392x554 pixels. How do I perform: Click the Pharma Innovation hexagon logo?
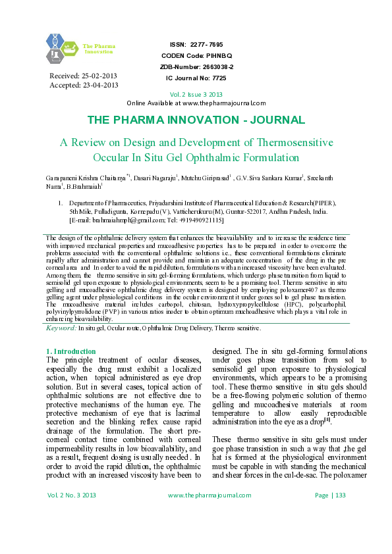pos(63,47)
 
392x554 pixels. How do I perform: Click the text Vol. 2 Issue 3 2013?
pos(196,94)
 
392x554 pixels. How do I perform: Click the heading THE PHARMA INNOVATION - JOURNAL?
pos(196,120)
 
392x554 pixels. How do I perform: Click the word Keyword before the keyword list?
pos(61,327)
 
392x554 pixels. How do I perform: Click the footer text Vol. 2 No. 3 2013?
pos(72,532)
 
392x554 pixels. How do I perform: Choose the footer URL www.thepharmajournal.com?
pos(207,532)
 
